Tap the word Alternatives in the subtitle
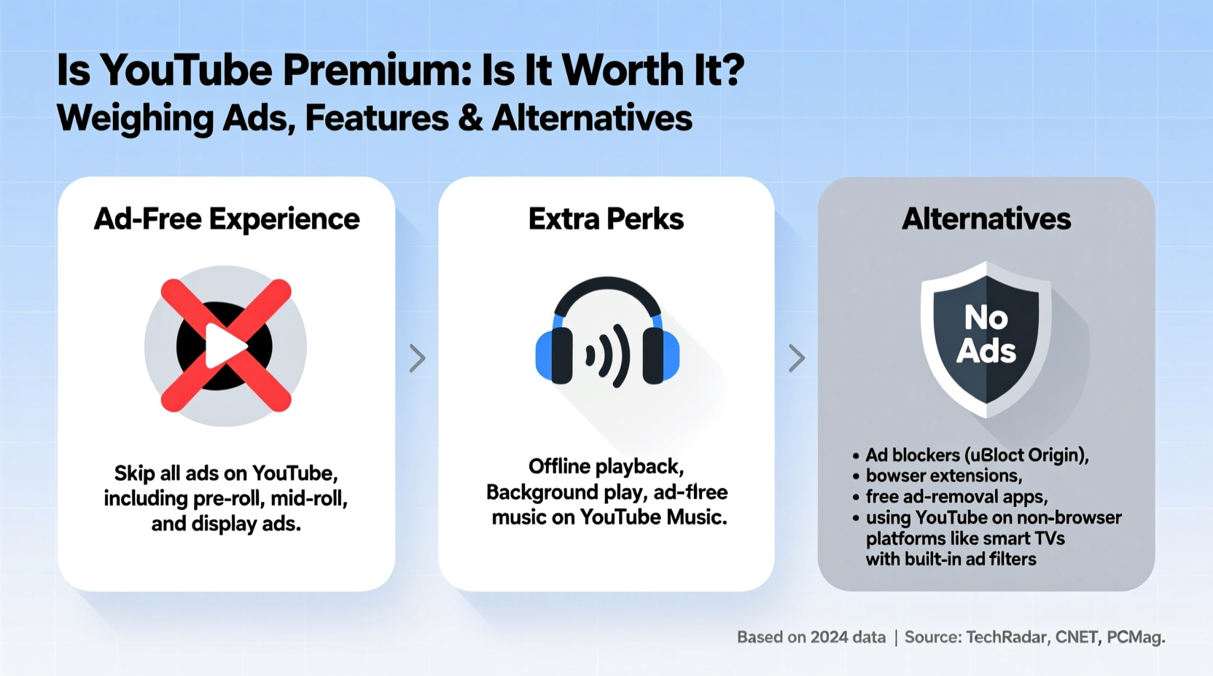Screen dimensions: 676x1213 (592, 119)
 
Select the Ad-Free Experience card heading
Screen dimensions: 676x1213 (227, 219)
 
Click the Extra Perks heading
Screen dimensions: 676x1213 (606, 219)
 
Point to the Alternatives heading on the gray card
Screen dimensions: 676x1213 (986, 219)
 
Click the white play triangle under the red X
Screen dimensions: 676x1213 (225, 346)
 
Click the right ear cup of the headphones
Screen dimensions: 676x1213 (660, 355)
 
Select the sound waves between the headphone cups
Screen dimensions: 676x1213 (607, 355)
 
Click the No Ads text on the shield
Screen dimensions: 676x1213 (986, 334)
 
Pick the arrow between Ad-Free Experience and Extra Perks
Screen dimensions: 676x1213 (417, 358)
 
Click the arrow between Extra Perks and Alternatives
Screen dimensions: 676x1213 (797, 358)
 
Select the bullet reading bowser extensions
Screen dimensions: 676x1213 (943, 476)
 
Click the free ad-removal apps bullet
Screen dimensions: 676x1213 (956, 497)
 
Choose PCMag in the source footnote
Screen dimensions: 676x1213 (1134, 637)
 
